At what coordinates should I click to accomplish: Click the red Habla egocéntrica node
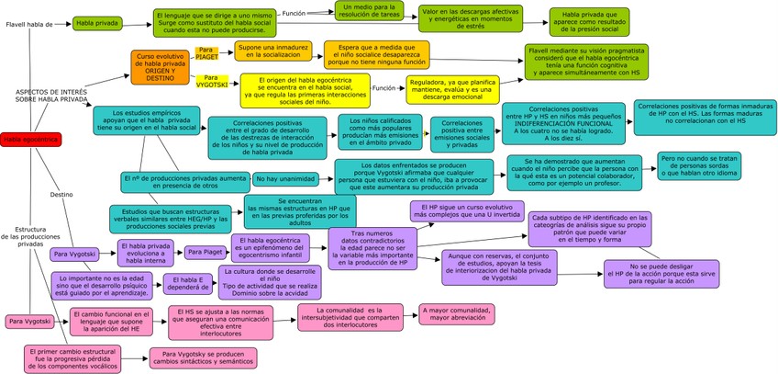coord(29,139)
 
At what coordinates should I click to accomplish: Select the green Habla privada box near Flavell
coord(96,22)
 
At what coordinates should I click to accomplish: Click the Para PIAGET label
coord(206,52)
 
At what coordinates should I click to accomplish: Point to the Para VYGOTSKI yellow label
coord(217,80)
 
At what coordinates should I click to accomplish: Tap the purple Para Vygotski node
coord(75,253)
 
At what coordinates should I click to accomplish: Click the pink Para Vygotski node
coord(30,322)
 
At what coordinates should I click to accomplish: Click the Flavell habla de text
coord(30,22)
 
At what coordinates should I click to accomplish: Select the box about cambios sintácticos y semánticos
coord(204,357)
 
